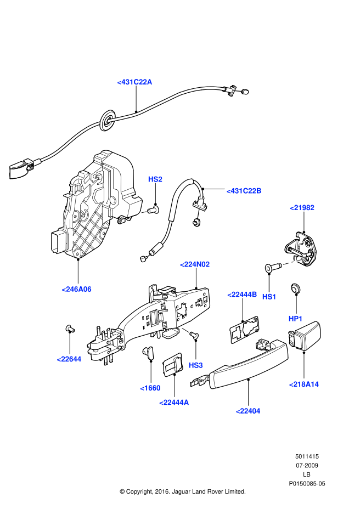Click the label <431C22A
click(x=134, y=82)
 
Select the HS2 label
click(x=155, y=179)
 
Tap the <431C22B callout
click(x=244, y=191)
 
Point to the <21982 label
click(x=302, y=207)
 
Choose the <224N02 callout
click(x=195, y=264)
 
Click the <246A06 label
click(x=76, y=289)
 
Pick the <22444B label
click(x=242, y=295)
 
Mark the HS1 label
click(x=269, y=297)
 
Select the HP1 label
click(x=295, y=319)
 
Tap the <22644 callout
click(x=69, y=359)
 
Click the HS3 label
click(x=195, y=365)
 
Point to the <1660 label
click(x=150, y=388)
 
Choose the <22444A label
click(x=174, y=403)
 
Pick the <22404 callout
click(x=248, y=411)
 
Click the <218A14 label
click(x=303, y=384)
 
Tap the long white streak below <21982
click(x=295, y=262)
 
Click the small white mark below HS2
click(x=144, y=212)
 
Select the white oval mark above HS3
click(x=185, y=330)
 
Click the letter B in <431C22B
click(x=259, y=191)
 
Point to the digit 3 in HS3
click(x=200, y=365)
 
